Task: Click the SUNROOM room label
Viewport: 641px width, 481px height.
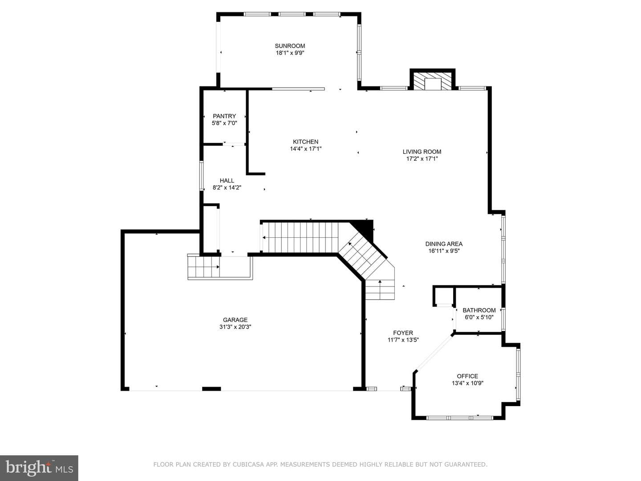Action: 290,46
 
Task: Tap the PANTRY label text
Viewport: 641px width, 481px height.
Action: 224,116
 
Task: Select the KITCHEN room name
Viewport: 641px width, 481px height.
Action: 305,142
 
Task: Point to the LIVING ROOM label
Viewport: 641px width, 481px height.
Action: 422,151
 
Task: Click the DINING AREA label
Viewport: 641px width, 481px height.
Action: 444,244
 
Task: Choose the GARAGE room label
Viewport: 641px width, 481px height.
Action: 235,320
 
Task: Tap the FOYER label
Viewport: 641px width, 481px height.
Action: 403,333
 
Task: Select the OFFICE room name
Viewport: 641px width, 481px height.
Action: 467,376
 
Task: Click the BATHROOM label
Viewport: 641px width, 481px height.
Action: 479,310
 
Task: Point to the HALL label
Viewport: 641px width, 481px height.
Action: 227,180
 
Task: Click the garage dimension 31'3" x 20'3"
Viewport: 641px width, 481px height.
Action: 235,327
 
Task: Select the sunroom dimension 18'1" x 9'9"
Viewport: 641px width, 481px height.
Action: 290,53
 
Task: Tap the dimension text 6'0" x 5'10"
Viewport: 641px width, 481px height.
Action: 479,317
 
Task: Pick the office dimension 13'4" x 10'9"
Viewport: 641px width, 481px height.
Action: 467,383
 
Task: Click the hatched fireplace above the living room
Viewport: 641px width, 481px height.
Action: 433,81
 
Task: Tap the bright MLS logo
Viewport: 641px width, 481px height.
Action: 39,468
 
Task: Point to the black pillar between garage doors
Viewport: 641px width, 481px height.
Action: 211,389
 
